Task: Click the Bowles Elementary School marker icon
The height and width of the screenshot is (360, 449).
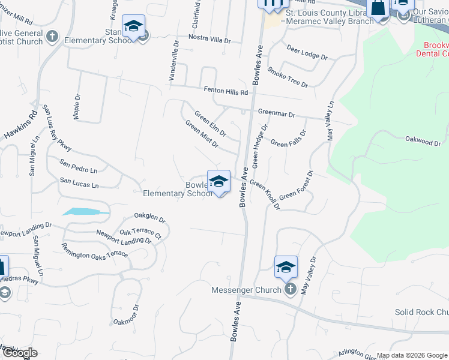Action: click(x=218, y=181)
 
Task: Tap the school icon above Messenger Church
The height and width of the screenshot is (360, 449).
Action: click(x=286, y=267)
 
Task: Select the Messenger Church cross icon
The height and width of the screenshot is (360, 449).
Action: click(x=291, y=290)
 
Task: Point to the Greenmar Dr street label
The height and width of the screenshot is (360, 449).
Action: click(x=277, y=113)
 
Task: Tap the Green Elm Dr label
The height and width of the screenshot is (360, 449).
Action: click(x=210, y=123)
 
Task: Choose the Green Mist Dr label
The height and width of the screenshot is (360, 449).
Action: click(x=202, y=134)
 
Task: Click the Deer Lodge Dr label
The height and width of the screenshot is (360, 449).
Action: click(x=307, y=53)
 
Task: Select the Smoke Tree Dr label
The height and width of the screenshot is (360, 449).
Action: click(x=287, y=77)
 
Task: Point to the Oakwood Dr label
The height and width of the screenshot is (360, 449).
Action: click(x=423, y=142)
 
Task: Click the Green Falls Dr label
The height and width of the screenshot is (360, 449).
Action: click(x=288, y=143)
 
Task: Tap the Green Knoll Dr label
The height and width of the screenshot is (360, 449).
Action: click(x=265, y=195)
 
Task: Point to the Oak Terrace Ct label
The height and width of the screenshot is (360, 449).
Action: click(x=140, y=232)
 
